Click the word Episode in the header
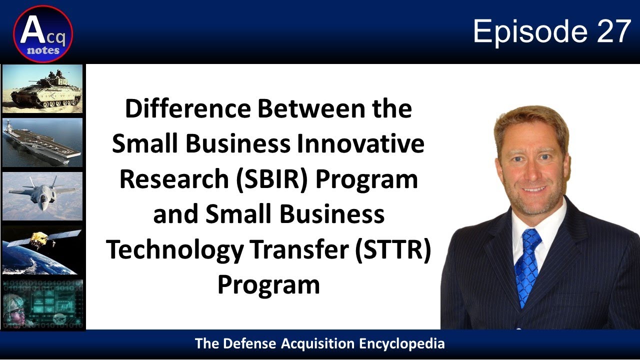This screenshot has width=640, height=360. [x=530, y=32]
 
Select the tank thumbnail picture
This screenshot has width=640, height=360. [x=42, y=88]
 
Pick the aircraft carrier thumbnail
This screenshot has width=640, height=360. [x=42, y=142]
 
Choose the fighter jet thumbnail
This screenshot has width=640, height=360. [x=42, y=195]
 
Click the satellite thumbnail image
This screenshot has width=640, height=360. [x=42, y=249]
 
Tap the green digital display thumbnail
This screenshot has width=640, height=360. [x=42, y=303]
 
